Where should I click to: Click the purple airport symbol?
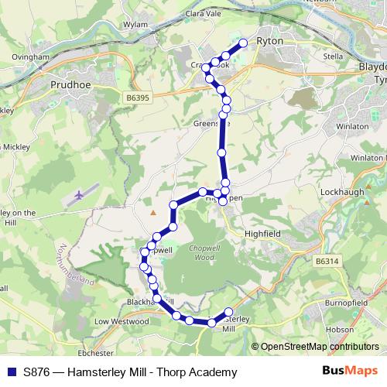point(79,196)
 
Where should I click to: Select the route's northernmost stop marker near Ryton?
point(243,43)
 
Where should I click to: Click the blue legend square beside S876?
point(10,372)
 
